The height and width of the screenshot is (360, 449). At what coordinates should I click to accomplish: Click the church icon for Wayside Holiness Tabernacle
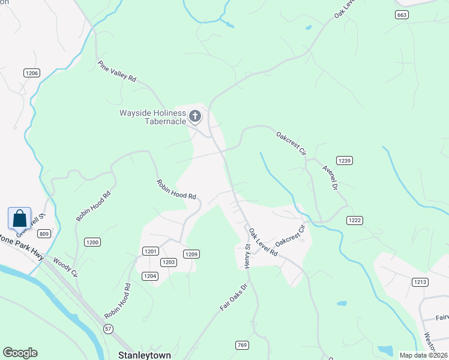(195, 116)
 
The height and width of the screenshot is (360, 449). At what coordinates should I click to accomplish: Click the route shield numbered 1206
(32, 73)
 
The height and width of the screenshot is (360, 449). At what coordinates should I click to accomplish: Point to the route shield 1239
(345, 160)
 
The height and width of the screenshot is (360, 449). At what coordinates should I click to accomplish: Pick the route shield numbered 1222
(355, 221)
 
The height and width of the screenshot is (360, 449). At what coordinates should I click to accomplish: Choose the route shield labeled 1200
(92, 242)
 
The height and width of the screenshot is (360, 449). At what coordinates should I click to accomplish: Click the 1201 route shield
(151, 251)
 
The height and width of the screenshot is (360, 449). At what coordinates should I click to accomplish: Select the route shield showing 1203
(168, 262)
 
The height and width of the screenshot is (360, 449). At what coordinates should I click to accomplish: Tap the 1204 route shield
(150, 276)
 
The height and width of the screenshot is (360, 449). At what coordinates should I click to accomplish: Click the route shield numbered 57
(108, 329)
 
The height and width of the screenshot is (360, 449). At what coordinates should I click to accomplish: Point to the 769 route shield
(241, 345)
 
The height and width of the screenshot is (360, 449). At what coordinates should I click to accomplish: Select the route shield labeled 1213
(420, 281)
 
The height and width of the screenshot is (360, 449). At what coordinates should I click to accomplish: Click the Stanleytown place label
(141, 355)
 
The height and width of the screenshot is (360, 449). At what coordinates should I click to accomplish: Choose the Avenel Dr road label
(330, 178)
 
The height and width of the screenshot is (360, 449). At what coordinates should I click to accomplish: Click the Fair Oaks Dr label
(234, 297)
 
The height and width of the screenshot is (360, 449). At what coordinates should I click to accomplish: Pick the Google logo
(20, 353)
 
